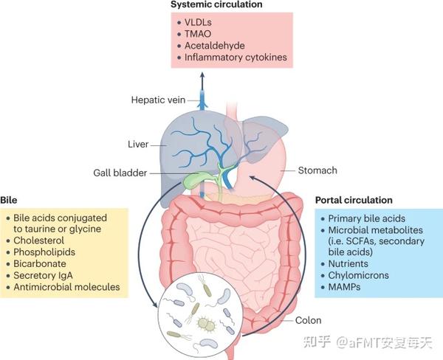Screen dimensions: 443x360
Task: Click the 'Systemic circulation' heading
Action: coord(216,4)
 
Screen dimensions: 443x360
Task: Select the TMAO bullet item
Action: coord(198,34)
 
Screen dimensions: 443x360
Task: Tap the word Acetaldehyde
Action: coord(215,46)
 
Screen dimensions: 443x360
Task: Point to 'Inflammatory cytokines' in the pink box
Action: coord(236,58)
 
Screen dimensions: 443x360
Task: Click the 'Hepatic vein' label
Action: coord(158,100)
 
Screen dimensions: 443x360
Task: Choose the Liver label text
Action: coord(138,145)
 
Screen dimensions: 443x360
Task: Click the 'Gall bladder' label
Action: coord(120,173)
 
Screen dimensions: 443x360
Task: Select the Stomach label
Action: coord(317,170)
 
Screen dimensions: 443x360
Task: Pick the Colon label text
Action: coord(308,320)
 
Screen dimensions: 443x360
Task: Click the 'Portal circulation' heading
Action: coord(354,200)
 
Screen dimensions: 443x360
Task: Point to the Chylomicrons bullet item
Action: coord(359,275)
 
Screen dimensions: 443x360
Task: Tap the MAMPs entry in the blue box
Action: coord(344,287)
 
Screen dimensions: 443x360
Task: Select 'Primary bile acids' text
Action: coord(367,218)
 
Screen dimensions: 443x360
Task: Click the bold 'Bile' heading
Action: coord(9,200)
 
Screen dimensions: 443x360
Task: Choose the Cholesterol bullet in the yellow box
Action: coord(38,240)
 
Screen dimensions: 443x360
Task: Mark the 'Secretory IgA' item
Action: coord(43,275)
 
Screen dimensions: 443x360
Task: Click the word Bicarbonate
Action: coord(40,263)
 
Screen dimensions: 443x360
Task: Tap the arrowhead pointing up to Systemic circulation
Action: coord(202,75)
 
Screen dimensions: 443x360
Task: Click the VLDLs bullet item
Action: coord(198,22)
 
